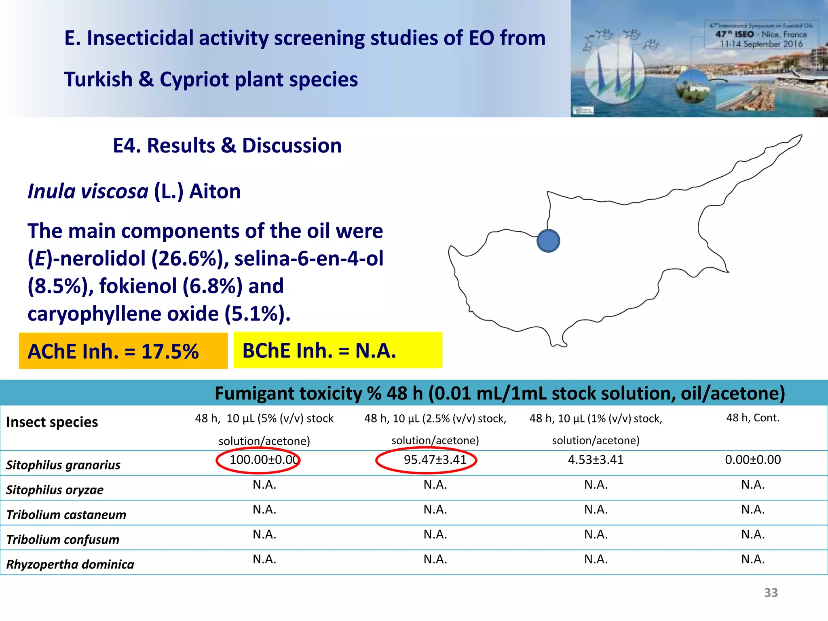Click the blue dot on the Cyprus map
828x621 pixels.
coord(548,241)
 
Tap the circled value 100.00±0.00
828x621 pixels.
coord(264,460)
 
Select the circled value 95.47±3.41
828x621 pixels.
coord(435,460)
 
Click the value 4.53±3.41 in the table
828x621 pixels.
coord(596,460)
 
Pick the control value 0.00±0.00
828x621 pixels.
coord(753,460)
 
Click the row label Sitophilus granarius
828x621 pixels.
coord(63,465)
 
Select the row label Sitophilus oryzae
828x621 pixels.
coord(55,490)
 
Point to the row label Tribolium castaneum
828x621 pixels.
coord(66,515)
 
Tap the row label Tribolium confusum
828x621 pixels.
coord(63,540)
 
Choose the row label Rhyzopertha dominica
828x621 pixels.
coord(70,564)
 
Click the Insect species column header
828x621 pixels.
coord(52,422)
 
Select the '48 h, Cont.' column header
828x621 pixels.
coord(753,418)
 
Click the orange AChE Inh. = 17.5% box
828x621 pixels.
coord(123,351)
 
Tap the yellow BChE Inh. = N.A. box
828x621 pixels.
coord(338,350)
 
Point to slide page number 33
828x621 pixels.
coord(771,593)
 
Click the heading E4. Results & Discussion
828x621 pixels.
coord(227,146)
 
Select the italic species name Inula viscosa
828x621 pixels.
coord(88,191)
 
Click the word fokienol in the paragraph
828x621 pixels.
coord(138,286)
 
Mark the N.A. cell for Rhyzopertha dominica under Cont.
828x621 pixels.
coord(753,560)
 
